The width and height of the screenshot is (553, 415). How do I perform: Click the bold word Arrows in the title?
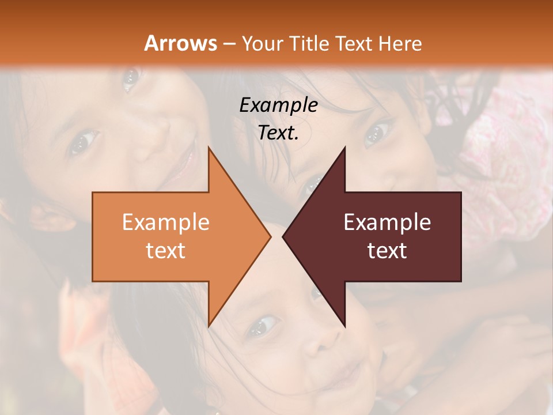181,43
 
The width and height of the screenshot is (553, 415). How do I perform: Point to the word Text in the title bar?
354,43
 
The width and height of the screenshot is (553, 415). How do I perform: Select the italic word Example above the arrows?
278,105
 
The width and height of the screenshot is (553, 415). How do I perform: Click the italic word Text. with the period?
278,133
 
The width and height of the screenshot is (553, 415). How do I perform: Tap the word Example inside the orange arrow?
165,222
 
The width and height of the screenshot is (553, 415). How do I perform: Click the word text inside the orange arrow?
165,251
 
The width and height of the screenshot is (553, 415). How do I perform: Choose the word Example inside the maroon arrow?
387,222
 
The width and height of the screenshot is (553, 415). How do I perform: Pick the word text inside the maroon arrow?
387,251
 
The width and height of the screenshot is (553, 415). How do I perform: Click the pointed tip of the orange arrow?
271,237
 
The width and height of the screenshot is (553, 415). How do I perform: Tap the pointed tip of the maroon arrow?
283,237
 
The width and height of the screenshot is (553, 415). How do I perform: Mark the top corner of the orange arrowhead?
209,148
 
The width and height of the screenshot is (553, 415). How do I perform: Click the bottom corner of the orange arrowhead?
209,326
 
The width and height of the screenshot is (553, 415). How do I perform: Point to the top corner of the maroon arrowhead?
345,148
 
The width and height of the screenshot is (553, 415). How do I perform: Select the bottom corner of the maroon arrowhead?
345,326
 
